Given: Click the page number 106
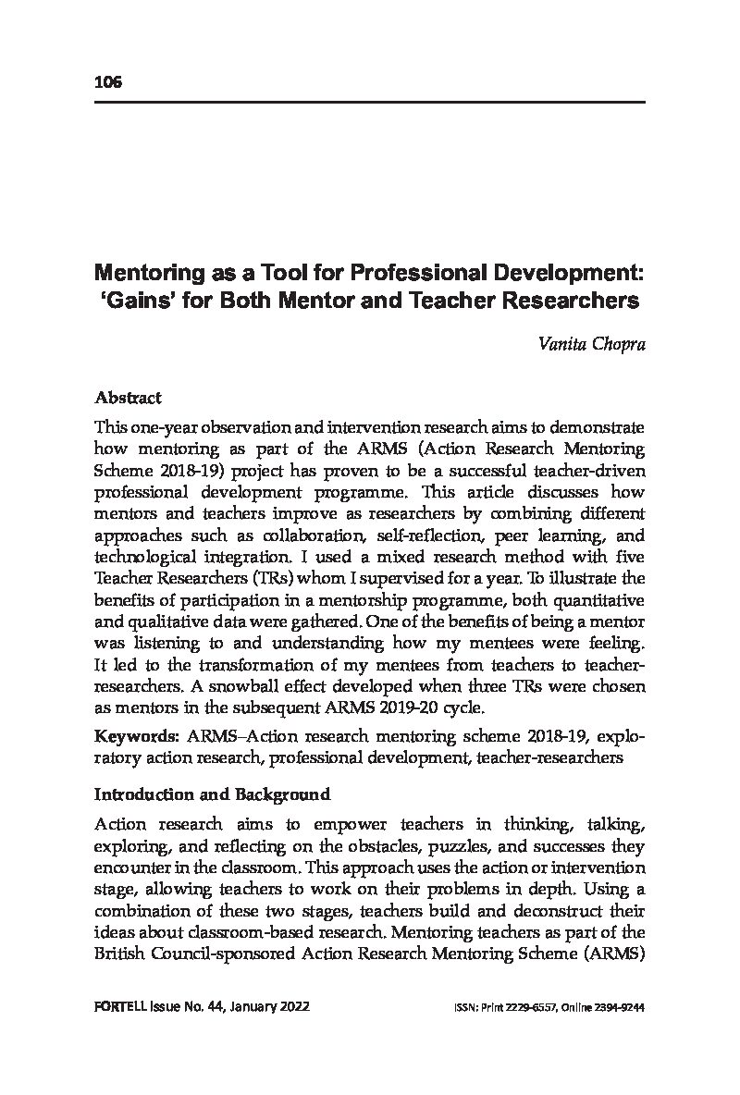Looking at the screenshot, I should point(107,83).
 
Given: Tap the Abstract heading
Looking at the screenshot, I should point(128,398).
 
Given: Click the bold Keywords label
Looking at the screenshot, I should point(136,736).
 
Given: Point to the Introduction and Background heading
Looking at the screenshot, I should point(213,794).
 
